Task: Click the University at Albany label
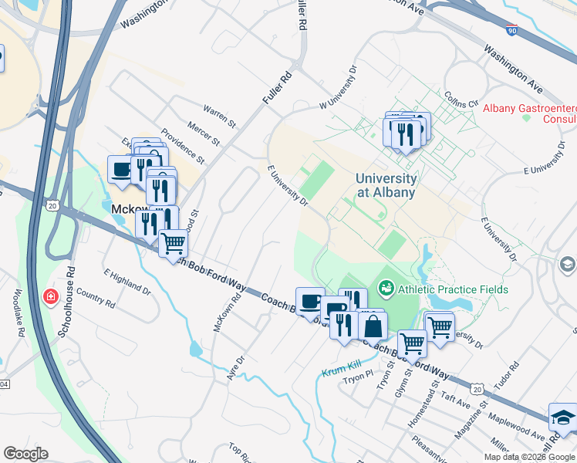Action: tap(386, 185)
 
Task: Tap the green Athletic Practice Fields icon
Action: tap(386, 289)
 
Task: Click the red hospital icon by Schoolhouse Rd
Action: tap(51, 296)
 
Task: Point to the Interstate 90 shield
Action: tap(513, 30)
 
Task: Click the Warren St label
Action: tap(219, 116)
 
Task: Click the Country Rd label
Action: tap(96, 299)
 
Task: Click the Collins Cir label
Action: tap(462, 98)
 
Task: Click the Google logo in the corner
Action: tap(25, 454)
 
